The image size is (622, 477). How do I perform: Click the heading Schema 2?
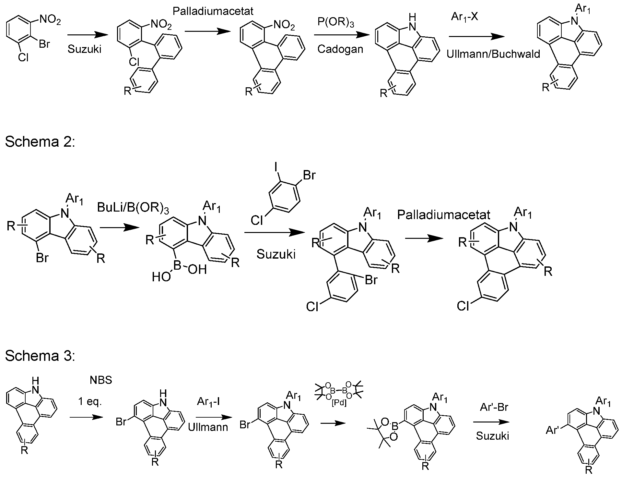coord(40,142)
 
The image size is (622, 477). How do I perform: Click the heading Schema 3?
coord(40,356)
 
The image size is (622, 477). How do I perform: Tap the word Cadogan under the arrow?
coord(340,49)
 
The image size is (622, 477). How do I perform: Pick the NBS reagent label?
coord(101,380)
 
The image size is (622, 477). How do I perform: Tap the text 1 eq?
coord(90,402)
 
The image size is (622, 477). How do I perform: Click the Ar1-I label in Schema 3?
coord(208,402)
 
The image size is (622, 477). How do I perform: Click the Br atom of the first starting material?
coord(44,44)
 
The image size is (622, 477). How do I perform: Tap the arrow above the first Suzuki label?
coord(87,35)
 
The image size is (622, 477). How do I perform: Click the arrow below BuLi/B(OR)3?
coord(117,227)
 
